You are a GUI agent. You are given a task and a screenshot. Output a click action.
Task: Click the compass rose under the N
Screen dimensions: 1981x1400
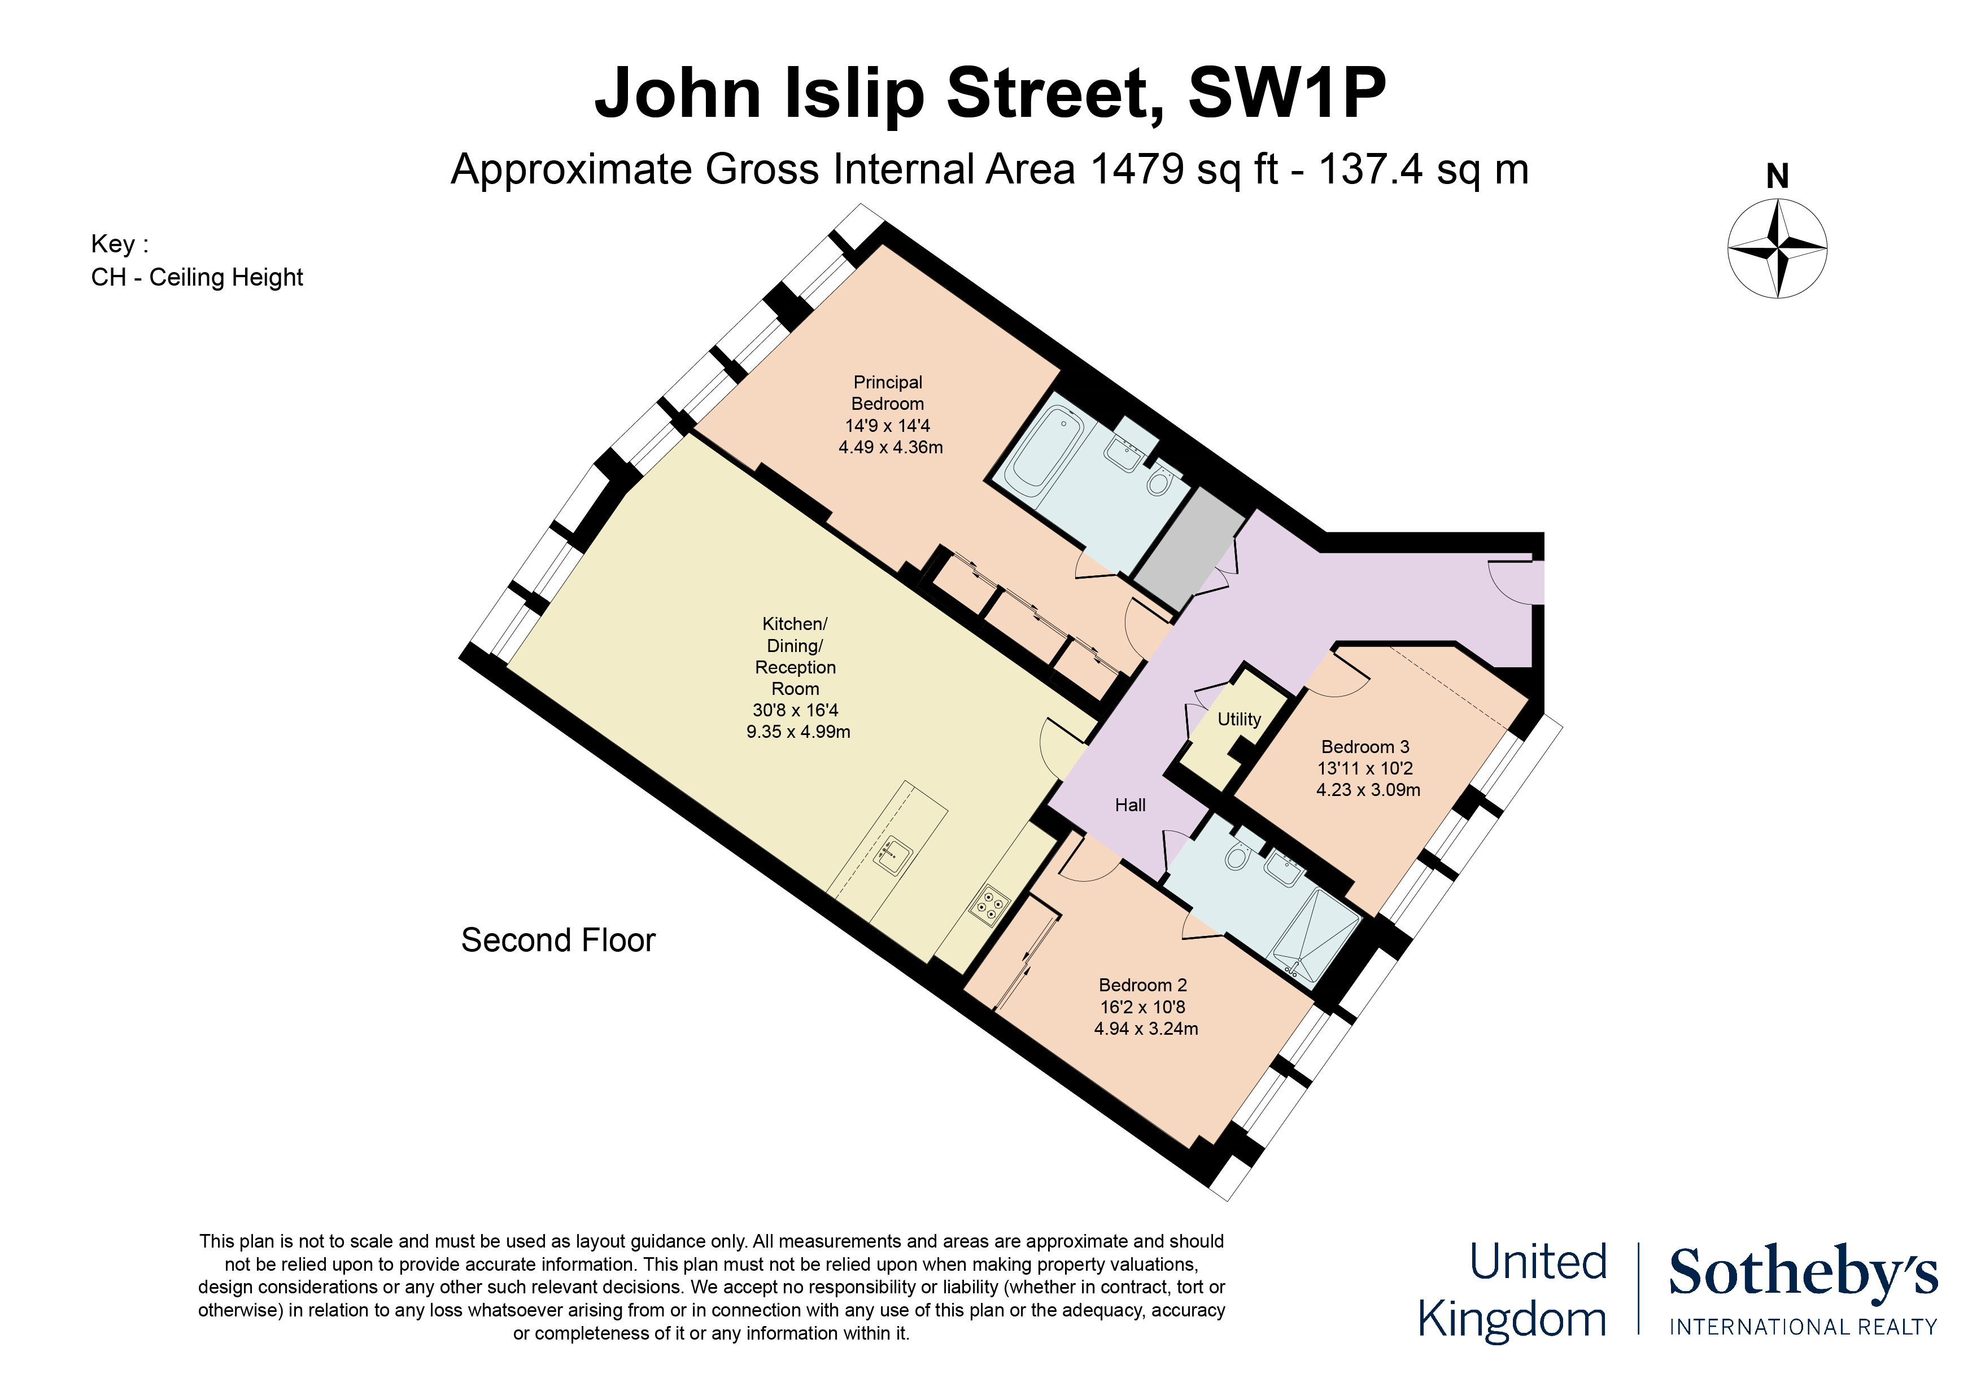pos(1777,248)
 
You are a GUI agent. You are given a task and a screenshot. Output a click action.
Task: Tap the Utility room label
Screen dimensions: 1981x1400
pos(1239,719)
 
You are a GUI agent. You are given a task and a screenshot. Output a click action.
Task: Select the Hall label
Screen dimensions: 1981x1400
pos(1131,805)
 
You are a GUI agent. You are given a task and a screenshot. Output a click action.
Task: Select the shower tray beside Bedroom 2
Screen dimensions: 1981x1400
pos(1315,938)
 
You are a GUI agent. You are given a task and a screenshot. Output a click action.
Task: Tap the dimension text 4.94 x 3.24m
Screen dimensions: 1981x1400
pos(1146,1028)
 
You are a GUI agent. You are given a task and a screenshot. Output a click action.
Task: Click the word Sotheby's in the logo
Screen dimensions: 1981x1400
pos(1803,1272)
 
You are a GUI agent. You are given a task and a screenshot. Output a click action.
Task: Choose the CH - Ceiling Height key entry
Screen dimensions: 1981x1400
pos(197,277)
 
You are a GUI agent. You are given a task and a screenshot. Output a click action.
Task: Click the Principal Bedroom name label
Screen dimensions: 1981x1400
pos(888,392)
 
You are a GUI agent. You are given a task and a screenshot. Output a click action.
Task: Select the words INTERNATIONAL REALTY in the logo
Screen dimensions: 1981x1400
pos(1803,1326)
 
